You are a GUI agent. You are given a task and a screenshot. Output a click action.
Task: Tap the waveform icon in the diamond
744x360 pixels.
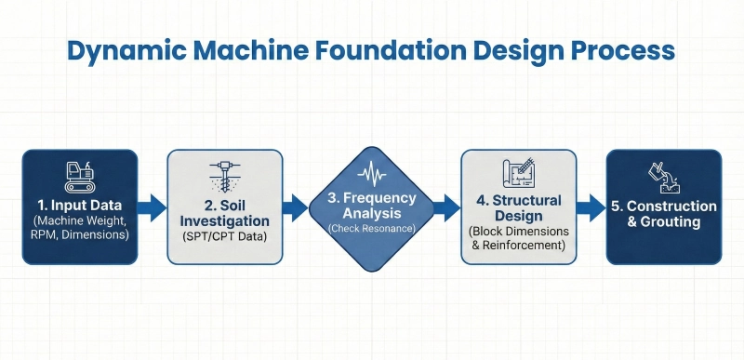[372, 173]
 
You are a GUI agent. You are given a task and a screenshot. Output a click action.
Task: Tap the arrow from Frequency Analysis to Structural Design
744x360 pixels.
[448, 207]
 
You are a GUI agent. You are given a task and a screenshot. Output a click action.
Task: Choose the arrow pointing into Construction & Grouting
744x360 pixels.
[591, 207]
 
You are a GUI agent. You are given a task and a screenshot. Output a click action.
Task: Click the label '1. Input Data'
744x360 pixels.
[80, 204]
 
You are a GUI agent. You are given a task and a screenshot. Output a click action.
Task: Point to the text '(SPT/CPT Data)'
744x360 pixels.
[223, 239]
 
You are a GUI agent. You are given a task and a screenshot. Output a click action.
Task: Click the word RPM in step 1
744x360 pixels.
[49, 236]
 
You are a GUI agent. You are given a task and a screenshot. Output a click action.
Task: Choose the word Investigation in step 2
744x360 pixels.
[223, 221]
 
